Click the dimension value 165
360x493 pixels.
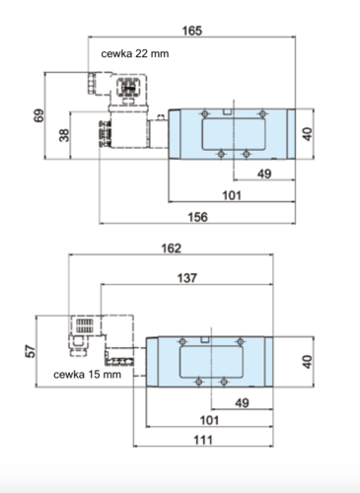[192, 31]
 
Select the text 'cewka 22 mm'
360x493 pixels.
[135, 53]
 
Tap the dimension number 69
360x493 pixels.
[38, 115]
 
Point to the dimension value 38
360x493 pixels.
[64, 135]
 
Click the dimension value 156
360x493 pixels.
[197, 217]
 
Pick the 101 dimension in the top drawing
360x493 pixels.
[232, 195]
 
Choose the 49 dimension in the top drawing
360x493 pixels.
[264, 174]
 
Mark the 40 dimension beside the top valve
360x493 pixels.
[308, 134]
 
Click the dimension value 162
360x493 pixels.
[171, 248]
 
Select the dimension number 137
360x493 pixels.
[187, 278]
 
